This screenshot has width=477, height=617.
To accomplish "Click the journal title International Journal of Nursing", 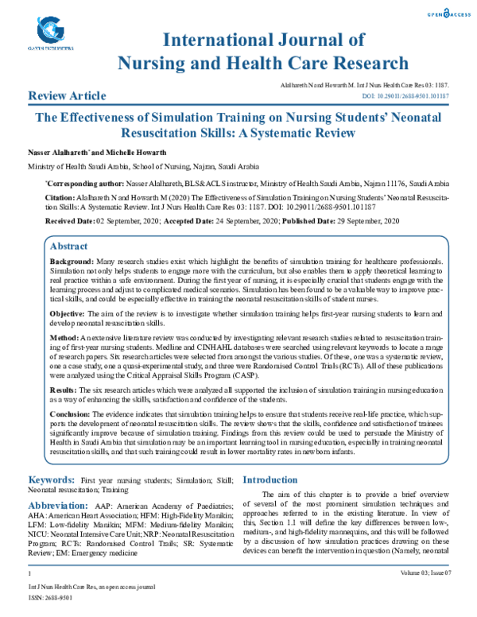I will pos(263,40).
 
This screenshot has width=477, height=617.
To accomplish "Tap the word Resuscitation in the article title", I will pos(162,133).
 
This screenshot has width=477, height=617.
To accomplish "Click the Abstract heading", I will pos(69,247).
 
